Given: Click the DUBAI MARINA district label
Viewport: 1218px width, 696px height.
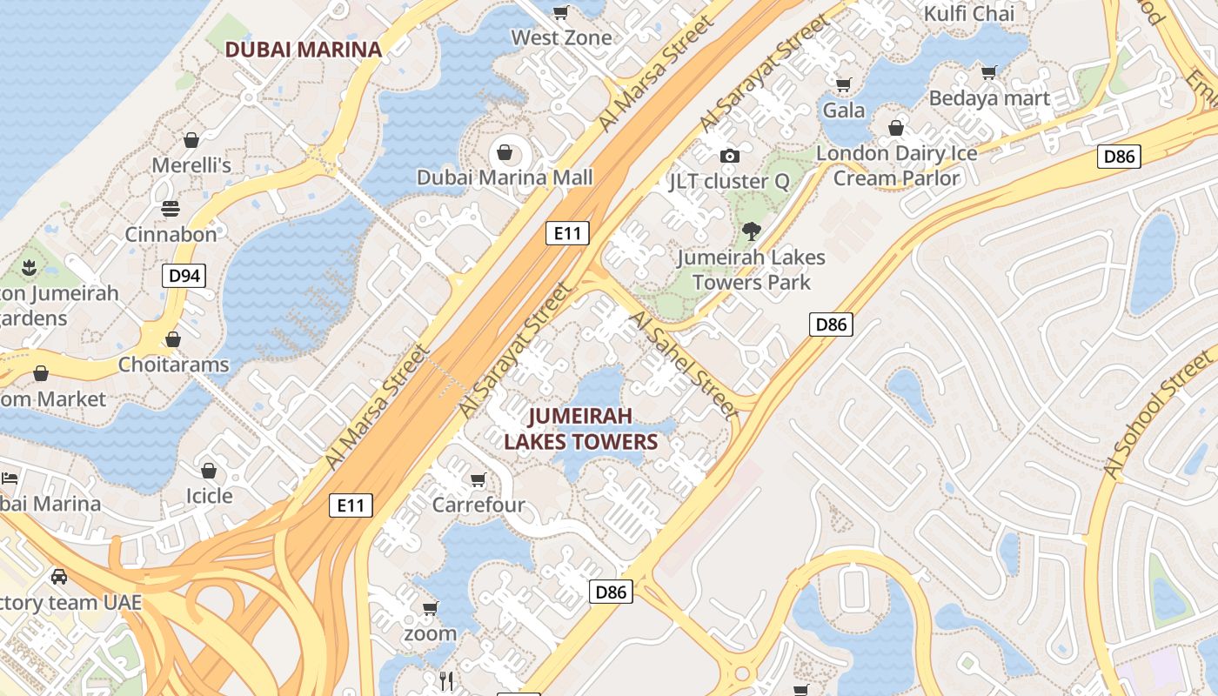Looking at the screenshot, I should (x=304, y=50).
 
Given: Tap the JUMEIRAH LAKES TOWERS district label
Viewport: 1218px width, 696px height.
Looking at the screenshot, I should (x=580, y=429).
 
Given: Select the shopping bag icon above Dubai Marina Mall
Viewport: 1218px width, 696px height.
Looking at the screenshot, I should (x=504, y=154).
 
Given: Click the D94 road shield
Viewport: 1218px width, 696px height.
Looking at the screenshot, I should (x=184, y=277).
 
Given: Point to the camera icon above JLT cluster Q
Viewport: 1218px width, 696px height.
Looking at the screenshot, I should (x=729, y=156).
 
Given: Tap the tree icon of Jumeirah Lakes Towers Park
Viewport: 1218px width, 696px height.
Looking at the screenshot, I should (x=751, y=231).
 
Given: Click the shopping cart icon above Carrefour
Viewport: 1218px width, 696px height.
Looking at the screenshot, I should (x=478, y=480).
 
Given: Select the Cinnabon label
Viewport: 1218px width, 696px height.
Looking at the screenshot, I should (x=171, y=235).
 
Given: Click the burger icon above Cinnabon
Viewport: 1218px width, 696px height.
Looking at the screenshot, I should (x=170, y=209).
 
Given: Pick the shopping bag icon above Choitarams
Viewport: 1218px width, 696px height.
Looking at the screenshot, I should (x=173, y=338).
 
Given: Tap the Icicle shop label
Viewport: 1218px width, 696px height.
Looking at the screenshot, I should (x=210, y=496).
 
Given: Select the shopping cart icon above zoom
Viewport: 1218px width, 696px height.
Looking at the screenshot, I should (x=430, y=608).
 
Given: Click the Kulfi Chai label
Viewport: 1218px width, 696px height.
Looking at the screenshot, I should (x=968, y=14).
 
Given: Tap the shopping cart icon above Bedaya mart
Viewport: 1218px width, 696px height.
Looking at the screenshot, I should (x=988, y=72).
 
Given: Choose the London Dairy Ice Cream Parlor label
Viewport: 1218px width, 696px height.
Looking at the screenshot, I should (x=896, y=165).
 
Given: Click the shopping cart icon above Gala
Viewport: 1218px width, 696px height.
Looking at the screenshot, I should (x=843, y=84).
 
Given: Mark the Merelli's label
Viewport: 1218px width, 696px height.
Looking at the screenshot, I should (x=191, y=165).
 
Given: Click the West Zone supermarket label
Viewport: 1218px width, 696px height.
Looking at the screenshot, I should (x=561, y=37).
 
